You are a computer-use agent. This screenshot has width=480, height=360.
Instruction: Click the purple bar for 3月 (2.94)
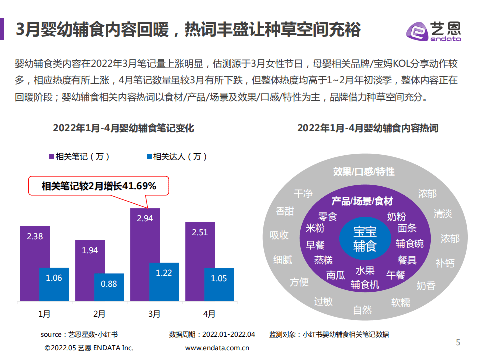[x=145, y=235]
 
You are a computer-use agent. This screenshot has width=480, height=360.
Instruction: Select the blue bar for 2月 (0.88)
[x=109, y=288]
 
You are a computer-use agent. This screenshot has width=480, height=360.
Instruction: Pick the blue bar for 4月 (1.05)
[x=219, y=285]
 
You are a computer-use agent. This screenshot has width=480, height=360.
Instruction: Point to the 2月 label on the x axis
[x=99, y=314]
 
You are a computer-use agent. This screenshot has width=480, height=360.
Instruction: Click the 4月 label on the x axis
[x=209, y=314]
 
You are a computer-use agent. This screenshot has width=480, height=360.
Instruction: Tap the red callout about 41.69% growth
[x=99, y=186]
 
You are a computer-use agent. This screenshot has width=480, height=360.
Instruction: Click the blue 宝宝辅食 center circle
[x=365, y=238]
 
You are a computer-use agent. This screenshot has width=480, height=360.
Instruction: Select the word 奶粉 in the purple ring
[x=396, y=216]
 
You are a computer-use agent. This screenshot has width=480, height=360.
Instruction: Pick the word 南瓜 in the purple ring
[x=336, y=275]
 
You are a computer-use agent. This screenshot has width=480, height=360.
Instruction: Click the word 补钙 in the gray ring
[x=445, y=262]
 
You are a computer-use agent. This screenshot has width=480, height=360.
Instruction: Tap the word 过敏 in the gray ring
[x=323, y=301]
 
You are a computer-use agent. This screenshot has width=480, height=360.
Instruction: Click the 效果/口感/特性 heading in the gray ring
[x=364, y=172]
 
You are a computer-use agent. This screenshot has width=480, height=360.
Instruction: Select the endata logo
[x=433, y=30]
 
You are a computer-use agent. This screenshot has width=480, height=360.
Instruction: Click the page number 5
[x=458, y=342]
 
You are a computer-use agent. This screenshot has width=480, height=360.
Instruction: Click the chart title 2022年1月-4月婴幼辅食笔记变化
[x=123, y=128]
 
